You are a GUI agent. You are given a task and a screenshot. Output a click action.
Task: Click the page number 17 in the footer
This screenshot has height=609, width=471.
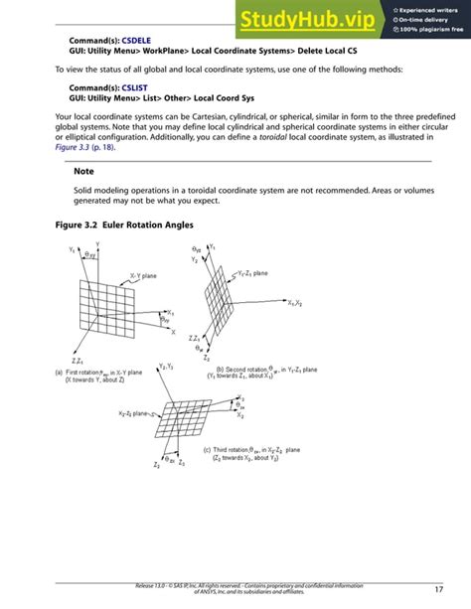438,589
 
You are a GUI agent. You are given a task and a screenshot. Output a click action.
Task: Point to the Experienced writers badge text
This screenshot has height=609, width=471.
427,10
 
